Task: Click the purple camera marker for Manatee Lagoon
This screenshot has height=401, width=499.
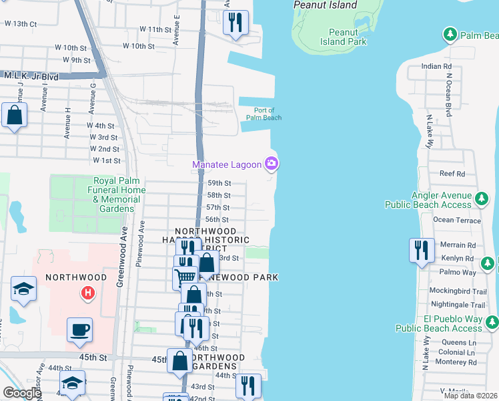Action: click(x=272, y=163)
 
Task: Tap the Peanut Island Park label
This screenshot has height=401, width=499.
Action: click(x=348, y=37)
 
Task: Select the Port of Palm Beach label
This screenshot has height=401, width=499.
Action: click(x=264, y=114)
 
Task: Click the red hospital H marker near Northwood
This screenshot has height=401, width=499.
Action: click(x=86, y=293)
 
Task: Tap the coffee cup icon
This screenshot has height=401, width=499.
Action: click(x=79, y=329)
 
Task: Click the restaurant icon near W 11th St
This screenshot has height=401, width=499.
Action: click(x=235, y=23)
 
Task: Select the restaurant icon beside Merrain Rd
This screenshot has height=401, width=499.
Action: click(x=421, y=251)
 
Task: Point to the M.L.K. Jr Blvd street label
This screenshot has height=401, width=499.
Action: click(x=31, y=77)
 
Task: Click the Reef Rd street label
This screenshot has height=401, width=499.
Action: click(x=452, y=173)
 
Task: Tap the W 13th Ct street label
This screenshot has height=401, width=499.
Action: click(x=20, y=23)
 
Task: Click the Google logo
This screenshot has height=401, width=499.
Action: click(x=21, y=393)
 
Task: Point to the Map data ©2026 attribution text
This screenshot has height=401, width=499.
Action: click(x=470, y=396)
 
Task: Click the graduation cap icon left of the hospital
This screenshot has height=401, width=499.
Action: click(x=23, y=289)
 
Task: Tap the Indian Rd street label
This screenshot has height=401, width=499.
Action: click(x=436, y=67)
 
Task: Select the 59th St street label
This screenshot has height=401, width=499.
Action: click(x=219, y=182)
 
